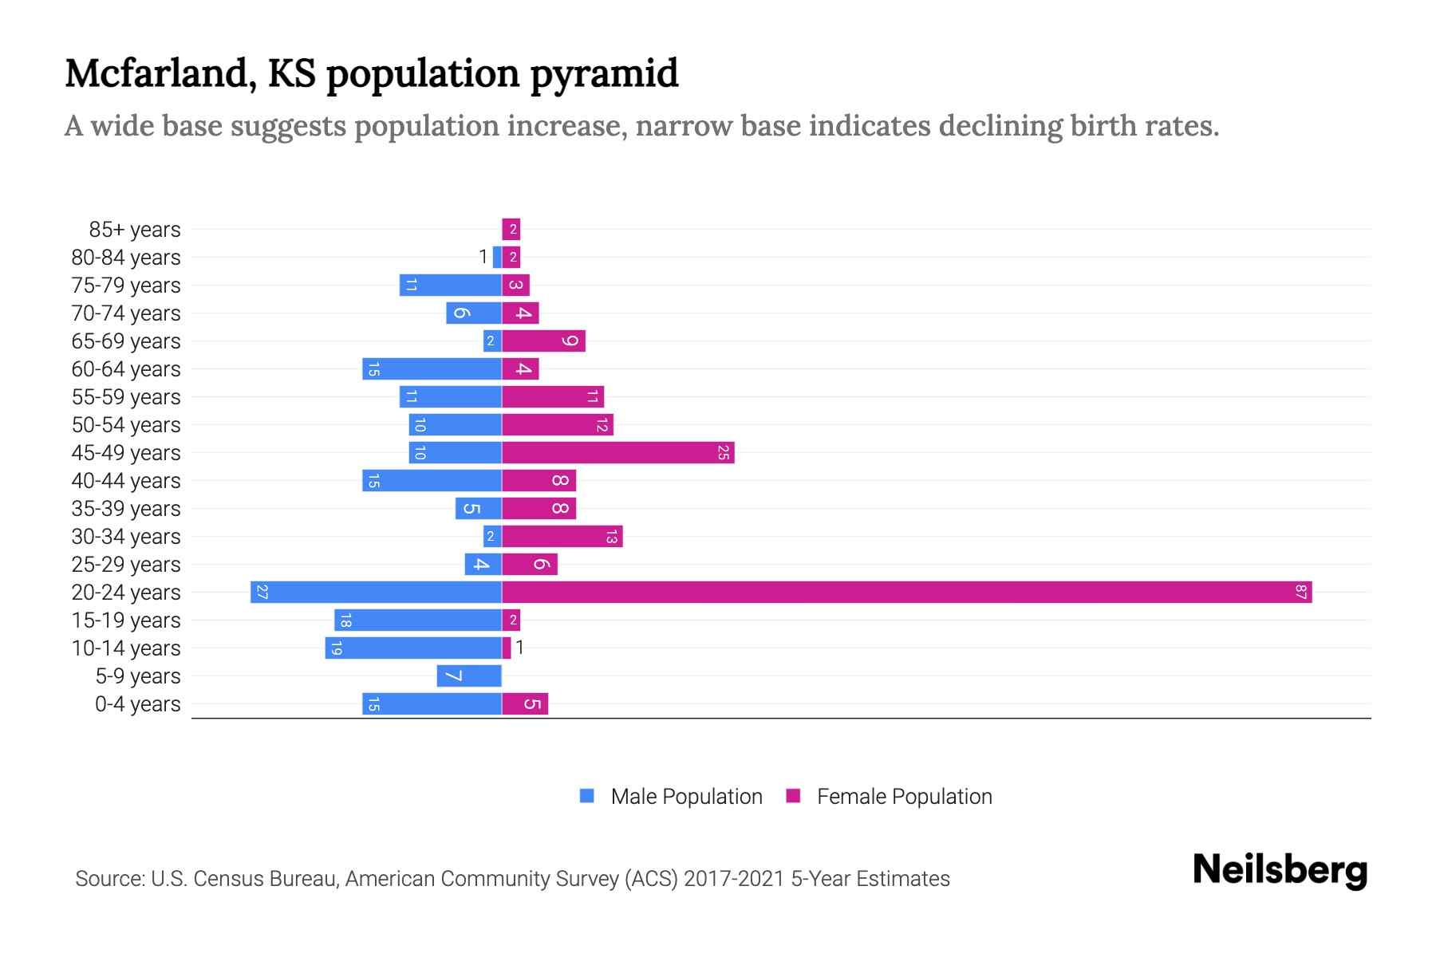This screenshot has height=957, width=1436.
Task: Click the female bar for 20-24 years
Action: (x=906, y=592)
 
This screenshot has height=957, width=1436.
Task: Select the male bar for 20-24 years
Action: (x=376, y=592)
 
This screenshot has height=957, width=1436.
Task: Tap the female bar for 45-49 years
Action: (x=617, y=452)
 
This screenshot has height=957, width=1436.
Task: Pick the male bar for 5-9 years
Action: (x=469, y=675)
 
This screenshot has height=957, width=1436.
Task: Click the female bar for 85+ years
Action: (x=511, y=229)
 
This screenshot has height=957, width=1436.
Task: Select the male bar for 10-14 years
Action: (x=413, y=648)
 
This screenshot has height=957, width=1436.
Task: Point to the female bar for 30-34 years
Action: (x=562, y=536)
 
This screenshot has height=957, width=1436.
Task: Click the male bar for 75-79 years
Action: (x=450, y=285)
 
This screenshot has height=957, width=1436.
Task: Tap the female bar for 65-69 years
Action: (x=543, y=341)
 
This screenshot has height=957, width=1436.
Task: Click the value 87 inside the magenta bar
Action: (x=1301, y=592)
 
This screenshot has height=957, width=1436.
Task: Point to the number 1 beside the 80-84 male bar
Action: (x=483, y=257)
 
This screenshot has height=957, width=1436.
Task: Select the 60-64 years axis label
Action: (x=126, y=369)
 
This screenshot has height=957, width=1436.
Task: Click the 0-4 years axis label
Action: (x=137, y=704)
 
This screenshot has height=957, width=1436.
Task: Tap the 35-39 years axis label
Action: (x=126, y=509)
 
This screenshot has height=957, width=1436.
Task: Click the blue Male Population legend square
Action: (x=587, y=796)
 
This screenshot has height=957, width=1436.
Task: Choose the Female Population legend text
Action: (x=904, y=796)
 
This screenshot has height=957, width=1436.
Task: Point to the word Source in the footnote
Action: (x=109, y=879)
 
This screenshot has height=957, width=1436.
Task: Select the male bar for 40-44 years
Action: (x=432, y=480)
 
